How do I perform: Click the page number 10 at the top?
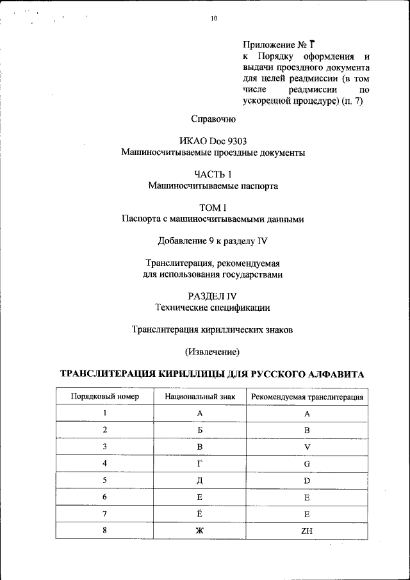coord(214,19)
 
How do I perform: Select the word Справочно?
coord(213,119)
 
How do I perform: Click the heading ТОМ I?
coord(213,208)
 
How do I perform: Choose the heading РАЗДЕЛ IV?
coord(213,296)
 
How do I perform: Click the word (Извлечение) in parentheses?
coord(213,352)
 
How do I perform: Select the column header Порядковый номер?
coord(104,397)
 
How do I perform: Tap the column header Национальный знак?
coord(200,397)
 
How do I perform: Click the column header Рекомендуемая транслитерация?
coord(307,397)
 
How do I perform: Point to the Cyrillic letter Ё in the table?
coord(200,513)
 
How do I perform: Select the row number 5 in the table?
coord(104,480)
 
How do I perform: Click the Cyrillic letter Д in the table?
coord(200,480)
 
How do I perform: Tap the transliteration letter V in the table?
coord(307,447)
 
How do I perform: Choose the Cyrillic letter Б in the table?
coord(200,430)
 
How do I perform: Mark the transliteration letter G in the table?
coord(307,463)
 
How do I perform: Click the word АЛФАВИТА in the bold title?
coord(333,374)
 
